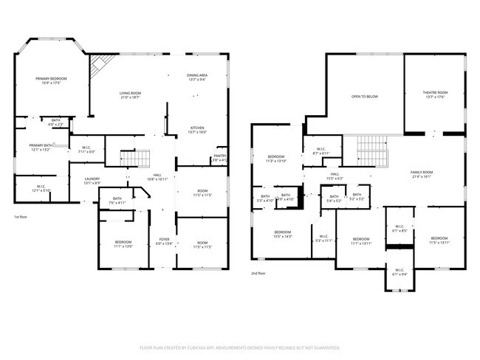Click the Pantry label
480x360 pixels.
pyautogui.click(x=219, y=157)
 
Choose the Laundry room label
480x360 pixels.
pyautogui.click(x=92, y=180)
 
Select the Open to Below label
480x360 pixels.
pyautogui.click(x=364, y=97)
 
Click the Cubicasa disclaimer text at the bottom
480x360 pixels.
pyautogui.click(x=239, y=347)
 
